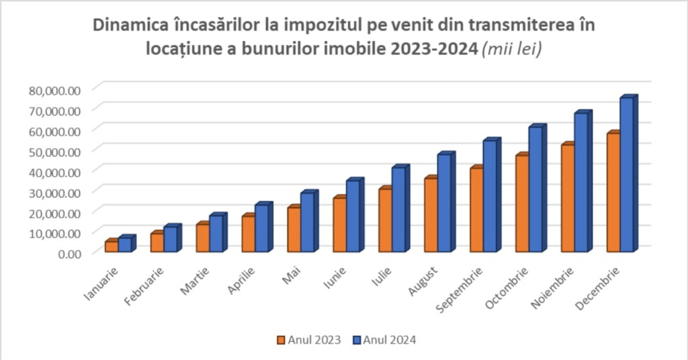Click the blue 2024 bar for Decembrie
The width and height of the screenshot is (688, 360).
pos(626,175)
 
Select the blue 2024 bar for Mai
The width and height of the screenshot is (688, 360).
pos(307,222)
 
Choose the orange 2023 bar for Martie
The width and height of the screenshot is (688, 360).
pos(202,238)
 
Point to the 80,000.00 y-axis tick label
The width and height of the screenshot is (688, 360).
pos(55,90)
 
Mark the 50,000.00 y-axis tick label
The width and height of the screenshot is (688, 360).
pos(55,151)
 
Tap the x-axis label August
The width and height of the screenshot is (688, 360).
pos(423,281)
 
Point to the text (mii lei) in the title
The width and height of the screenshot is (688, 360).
pos(512,50)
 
